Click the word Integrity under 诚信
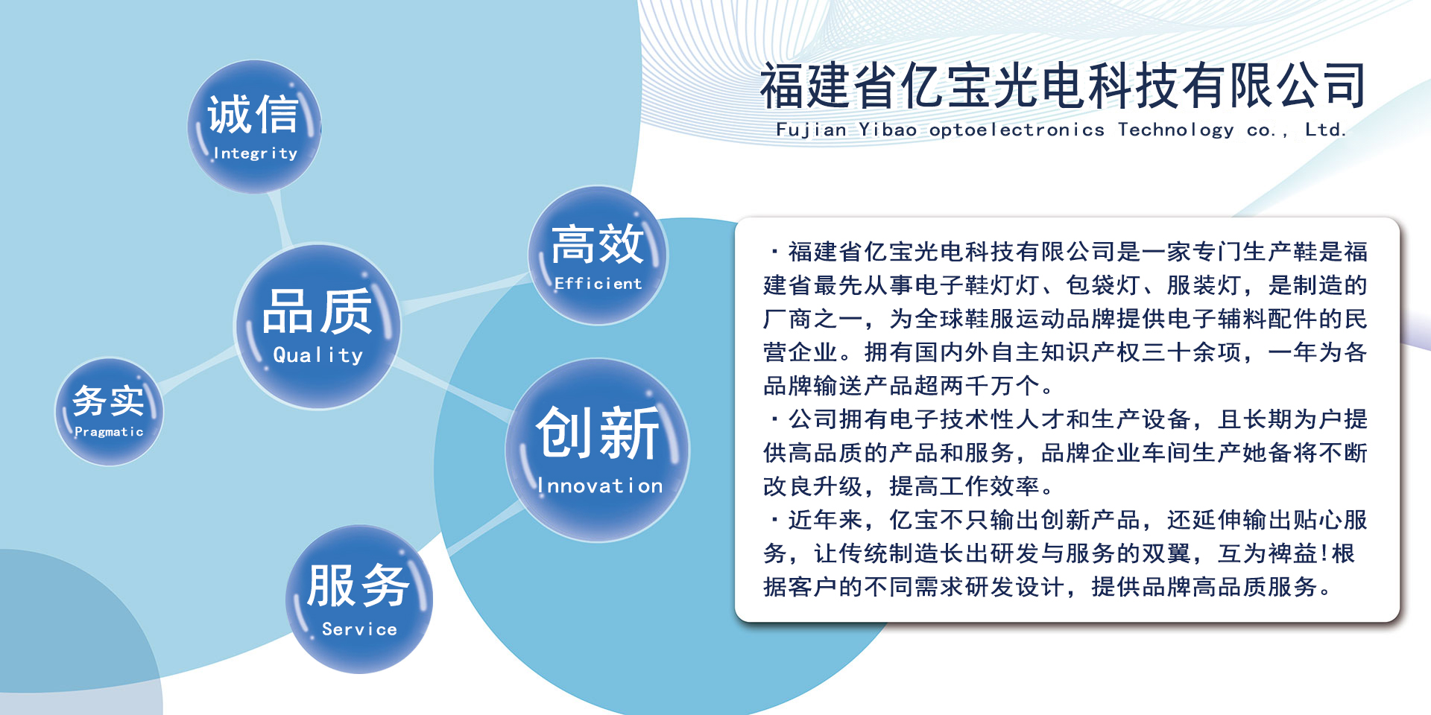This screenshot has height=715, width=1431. [x=255, y=153]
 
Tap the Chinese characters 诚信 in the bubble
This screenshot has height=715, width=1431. [x=253, y=115]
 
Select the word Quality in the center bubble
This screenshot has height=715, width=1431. [x=318, y=355]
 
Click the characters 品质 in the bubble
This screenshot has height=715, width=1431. [x=317, y=312]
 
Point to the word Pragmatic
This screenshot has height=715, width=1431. [x=109, y=432]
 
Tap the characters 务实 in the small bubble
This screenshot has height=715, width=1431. [x=108, y=401]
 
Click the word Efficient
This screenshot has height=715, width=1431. [x=598, y=283]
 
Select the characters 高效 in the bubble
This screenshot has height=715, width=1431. [x=597, y=244]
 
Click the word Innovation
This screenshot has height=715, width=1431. [x=600, y=486]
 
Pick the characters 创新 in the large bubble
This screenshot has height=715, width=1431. [x=598, y=433]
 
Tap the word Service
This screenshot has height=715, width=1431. [x=359, y=629]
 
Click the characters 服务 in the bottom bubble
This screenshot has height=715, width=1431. [x=358, y=586]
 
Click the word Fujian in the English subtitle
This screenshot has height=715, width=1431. [x=811, y=130]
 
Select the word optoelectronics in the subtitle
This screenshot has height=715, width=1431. [x=1017, y=130]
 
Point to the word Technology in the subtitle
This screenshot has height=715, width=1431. [x=1175, y=130]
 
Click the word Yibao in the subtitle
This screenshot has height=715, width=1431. [x=888, y=130]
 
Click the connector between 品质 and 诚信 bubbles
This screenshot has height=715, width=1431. [x=281, y=218]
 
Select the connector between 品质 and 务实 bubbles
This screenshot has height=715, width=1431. [x=198, y=369]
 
